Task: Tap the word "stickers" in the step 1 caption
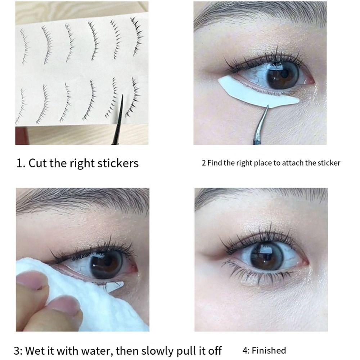coord(118,163)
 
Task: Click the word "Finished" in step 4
coord(269,350)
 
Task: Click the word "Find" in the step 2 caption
coord(215,163)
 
